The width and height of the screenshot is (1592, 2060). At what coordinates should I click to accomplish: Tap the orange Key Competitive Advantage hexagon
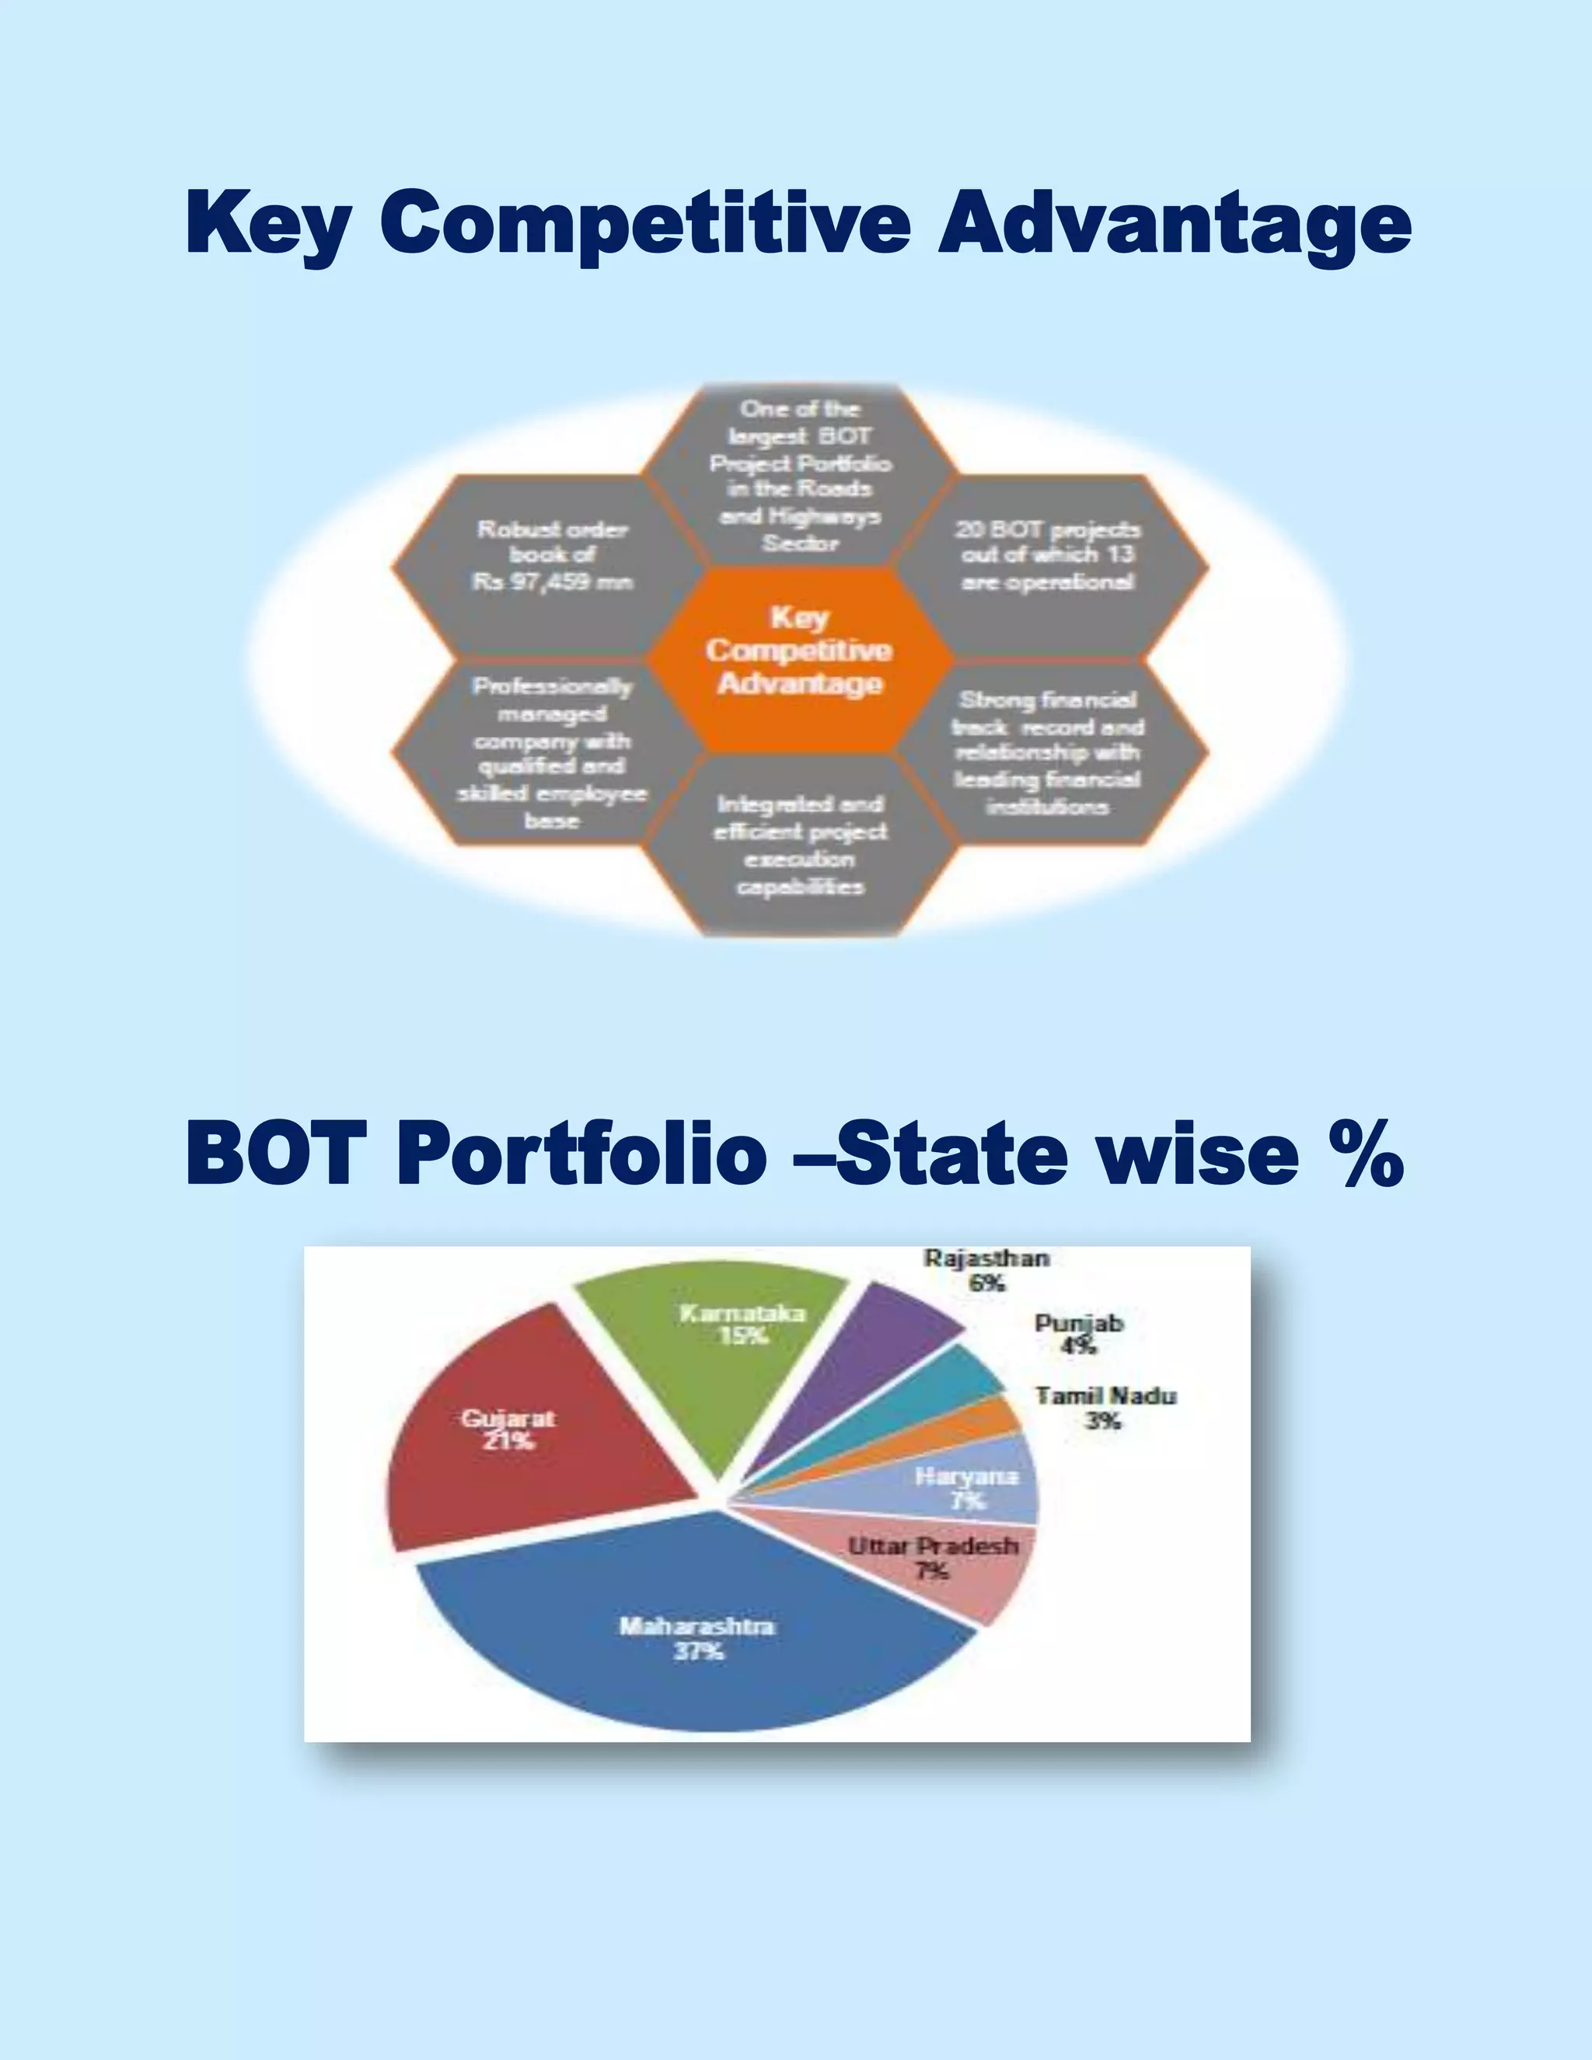tap(800, 651)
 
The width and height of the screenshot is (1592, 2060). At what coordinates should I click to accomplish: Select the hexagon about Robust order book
tap(552, 557)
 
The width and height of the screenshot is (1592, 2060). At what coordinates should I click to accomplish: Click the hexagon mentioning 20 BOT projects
tap(1047, 557)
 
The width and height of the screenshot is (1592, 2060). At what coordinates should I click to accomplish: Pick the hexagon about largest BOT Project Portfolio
tap(800, 477)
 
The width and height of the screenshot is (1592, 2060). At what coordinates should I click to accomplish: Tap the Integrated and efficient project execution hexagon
tap(800, 845)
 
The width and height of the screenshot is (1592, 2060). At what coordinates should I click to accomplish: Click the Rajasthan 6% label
tap(986, 1269)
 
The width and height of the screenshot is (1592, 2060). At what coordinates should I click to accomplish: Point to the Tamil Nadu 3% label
tap(1105, 1407)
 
